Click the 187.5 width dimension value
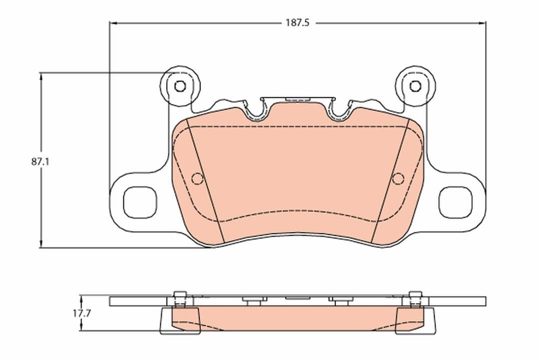click(297, 23)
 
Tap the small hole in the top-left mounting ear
click(180, 86)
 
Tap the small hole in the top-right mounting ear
click(415, 86)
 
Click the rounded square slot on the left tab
click(140, 202)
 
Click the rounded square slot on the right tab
click(455, 202)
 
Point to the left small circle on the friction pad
click(197, 178)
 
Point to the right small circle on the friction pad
click(398, 178)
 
